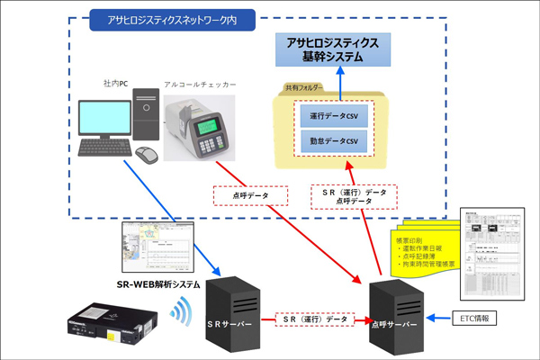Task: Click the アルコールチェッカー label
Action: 200,84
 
